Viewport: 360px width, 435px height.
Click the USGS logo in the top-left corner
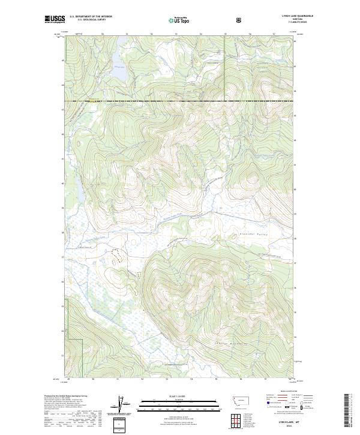click(x=55, y=20)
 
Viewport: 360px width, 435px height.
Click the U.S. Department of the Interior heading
click(x=91, y=17)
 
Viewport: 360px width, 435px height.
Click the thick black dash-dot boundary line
click(x=180, y=101)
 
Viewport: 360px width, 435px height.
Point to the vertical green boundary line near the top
click(x=225, y=66)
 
